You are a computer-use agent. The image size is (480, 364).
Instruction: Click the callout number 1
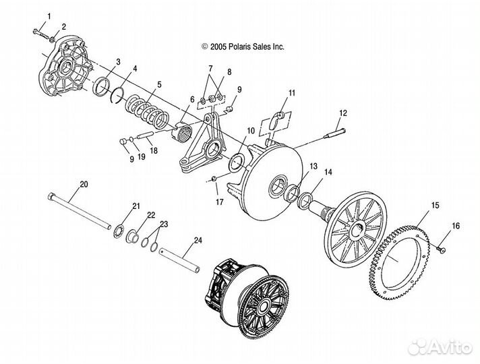point(49,16)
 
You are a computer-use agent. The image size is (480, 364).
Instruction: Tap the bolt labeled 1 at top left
point(41,34)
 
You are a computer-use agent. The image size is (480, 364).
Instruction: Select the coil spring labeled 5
point(148,111)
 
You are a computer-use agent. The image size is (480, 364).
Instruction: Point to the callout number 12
point(343,113)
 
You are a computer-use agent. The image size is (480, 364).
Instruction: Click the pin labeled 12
point(334,133)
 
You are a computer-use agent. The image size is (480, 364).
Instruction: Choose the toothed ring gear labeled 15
point(399,263)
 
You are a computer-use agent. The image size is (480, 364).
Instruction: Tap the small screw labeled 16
point(441,249)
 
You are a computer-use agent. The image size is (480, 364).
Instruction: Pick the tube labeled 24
point(180,260)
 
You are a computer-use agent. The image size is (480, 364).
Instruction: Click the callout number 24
point(198,241)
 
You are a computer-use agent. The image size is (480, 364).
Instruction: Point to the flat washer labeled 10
point(237,162)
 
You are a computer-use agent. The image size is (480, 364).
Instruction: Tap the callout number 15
point(435,205)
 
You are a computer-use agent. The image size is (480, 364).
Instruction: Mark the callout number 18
point(154,150)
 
